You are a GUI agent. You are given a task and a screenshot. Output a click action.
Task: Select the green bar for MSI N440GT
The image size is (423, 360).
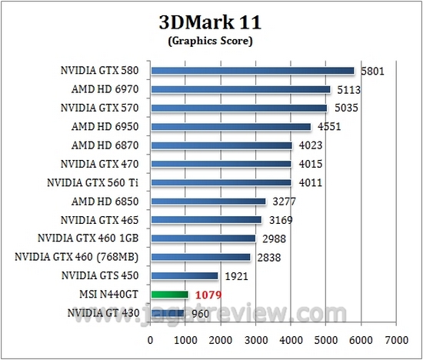pos(169,294)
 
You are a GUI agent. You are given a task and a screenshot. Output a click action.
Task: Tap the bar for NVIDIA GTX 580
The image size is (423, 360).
pos(252,71)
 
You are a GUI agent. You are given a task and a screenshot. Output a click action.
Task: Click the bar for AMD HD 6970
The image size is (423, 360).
pos(241,89)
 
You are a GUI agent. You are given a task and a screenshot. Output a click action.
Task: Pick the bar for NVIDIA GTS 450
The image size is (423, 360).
pos(185,275)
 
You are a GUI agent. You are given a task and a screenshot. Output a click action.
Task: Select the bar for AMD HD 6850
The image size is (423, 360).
pos(208,202)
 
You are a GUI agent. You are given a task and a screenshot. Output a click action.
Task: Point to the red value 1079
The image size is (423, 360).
pos(208,294)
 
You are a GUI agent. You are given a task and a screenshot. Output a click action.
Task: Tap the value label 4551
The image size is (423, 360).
pos(328,127)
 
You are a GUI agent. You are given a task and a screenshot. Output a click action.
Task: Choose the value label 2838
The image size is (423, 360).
pos(268,257)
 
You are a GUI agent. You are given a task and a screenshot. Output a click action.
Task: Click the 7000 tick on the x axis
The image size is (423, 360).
pos(396,339)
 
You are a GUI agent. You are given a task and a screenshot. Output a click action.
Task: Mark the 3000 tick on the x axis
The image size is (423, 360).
pos(255,339)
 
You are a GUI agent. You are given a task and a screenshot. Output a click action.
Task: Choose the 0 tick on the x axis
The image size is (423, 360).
pos(151,339)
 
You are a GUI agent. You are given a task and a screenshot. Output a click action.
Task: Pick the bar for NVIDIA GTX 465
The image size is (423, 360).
pos(206,220)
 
